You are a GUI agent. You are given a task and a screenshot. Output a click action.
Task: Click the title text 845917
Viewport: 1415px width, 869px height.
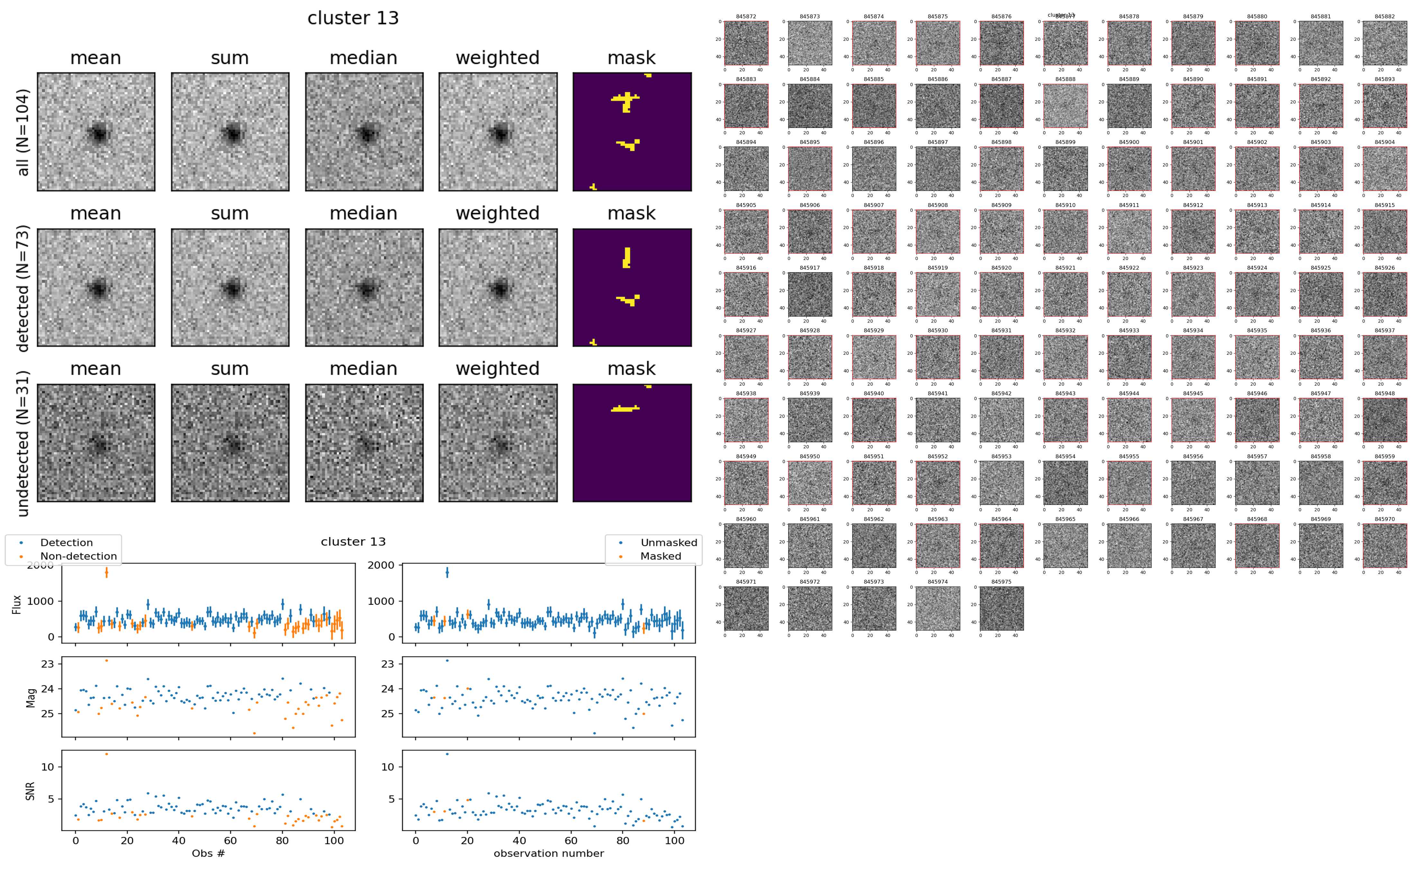point(809,268)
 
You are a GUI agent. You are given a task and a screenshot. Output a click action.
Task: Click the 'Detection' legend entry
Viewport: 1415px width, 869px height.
point(66,542)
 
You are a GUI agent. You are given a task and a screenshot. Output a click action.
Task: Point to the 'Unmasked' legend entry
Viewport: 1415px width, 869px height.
point(669,542)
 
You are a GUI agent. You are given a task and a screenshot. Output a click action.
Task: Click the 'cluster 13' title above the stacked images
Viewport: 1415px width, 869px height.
point(353,18)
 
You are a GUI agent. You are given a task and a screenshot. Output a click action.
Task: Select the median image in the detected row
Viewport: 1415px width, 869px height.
point(364,287)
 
